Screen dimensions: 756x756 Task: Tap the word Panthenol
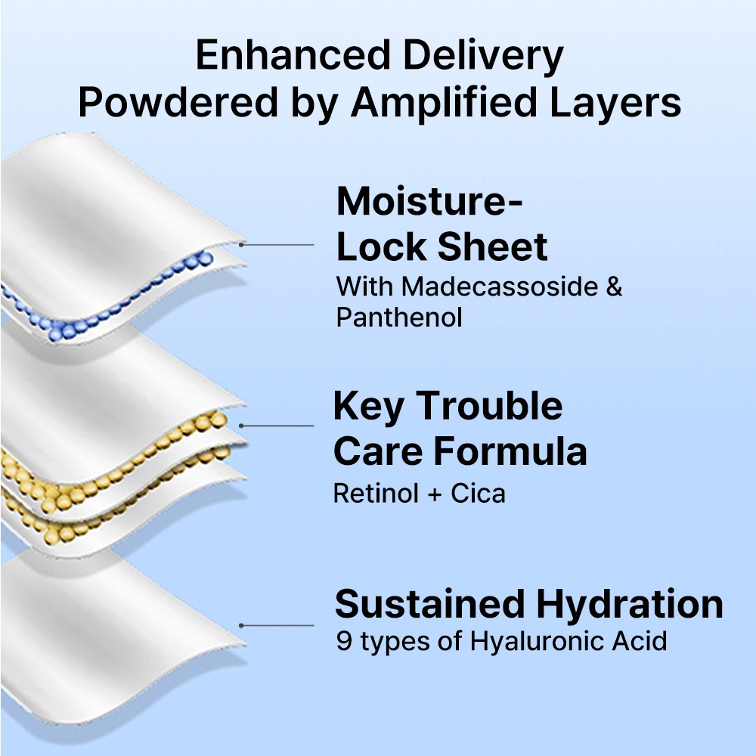[x=398, y=318]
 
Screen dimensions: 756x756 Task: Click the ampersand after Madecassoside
[x=613, y=287]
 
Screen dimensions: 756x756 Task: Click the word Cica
[x=479, y=494]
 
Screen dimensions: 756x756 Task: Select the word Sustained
[x=429, y=605]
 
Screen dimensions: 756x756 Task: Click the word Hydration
[x=630, y=605]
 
